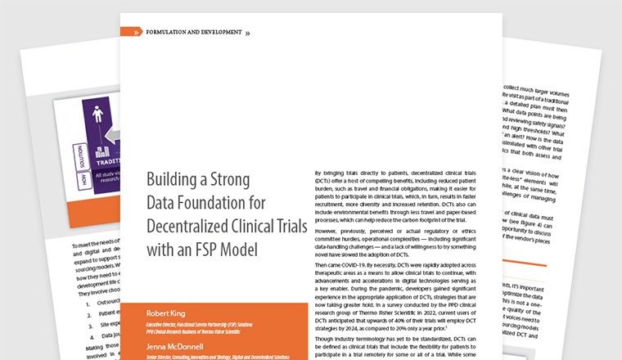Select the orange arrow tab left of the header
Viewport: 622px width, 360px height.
tap(131, 32)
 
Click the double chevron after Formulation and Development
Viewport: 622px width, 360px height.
tap(248, 33)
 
